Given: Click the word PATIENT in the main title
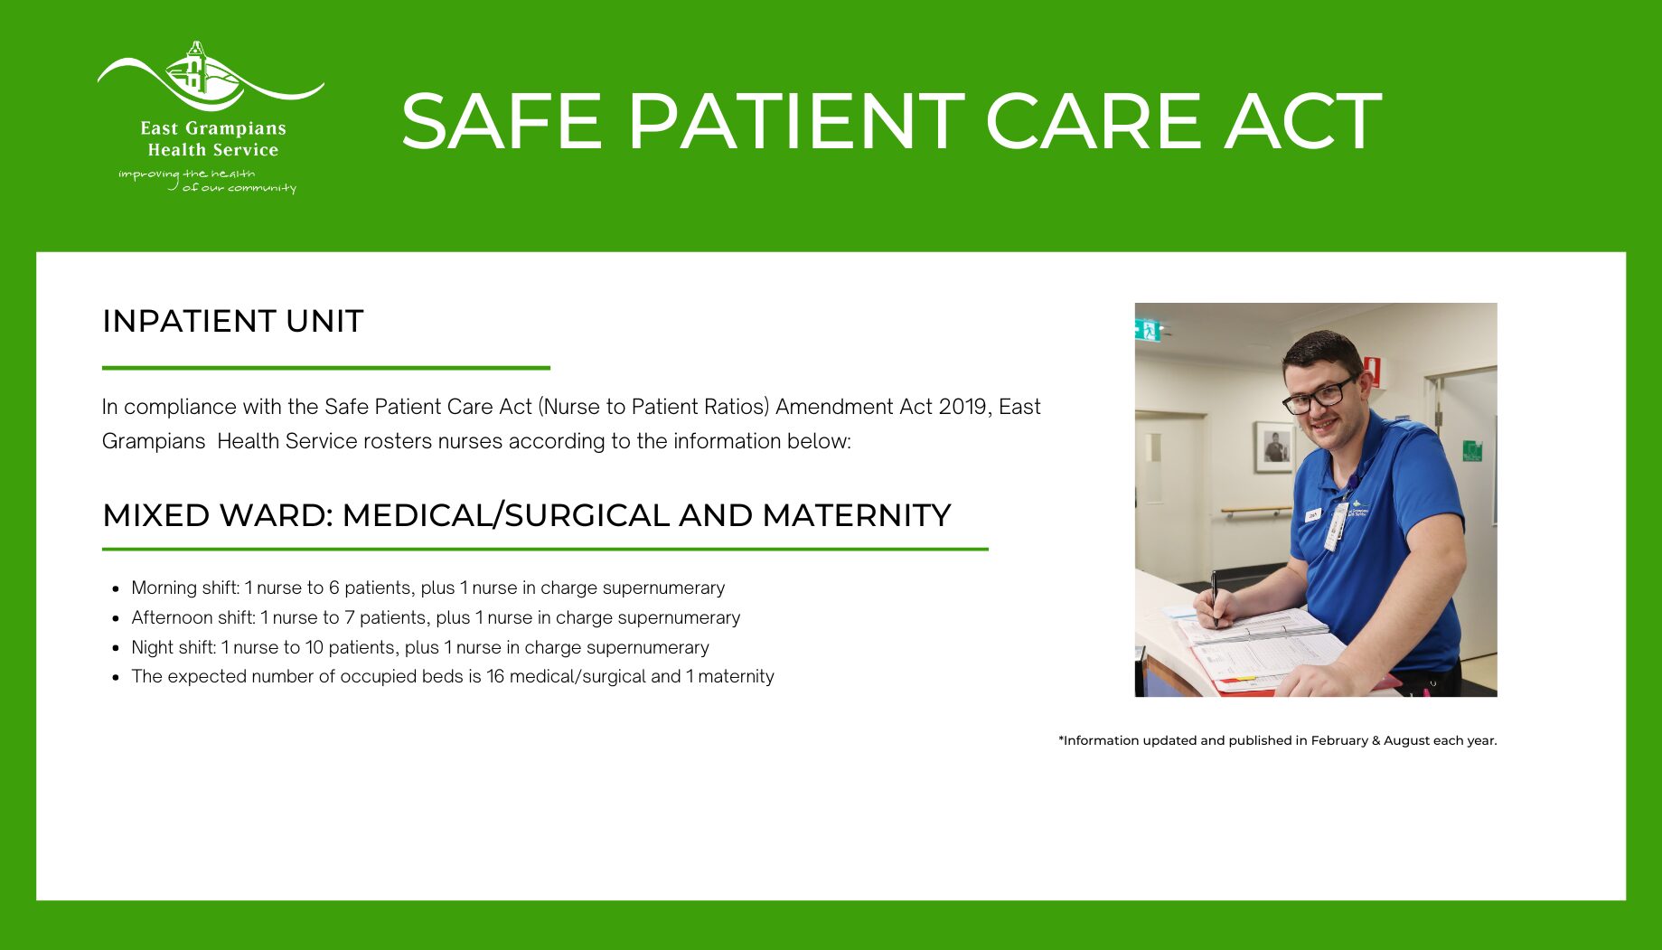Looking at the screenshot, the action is pyautogui.click(x=796, y=121).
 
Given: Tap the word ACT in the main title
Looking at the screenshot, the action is pyautogui.click(x=1303, y=121).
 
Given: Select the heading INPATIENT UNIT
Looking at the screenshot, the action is pyautogui.click(x=233, y=321).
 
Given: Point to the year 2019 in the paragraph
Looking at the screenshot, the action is pyautogui.click(x=962, y=407).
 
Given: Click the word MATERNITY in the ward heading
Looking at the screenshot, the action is pyautogui.click(x=857, y=515).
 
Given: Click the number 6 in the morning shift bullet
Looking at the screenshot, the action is pyautogui.click(x=334, y=588).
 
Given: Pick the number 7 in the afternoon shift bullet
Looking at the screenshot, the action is pyautogui.click(x=350, y=617).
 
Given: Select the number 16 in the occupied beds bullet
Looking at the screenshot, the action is pyautogui.click(x=495, y=676).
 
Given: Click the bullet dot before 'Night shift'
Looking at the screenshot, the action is pyautogui.click(x=116, y=648).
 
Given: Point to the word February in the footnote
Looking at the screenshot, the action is pyautogui.click(x=1339, y=740).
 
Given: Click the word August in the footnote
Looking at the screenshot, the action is pyautogui.click(x=1406, y=740).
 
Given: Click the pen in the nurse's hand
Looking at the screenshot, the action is pyautogui.click(x=1215, y=597).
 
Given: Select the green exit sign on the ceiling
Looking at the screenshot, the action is pyautogui.click(x=1148, y=330).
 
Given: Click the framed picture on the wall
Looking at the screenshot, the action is pyautogui.click(x=1274, y=447).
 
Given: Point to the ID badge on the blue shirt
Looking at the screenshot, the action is pyautogui.click(x=1335, y=527).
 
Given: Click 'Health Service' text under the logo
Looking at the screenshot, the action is pyautogui.click(x=213, y=150).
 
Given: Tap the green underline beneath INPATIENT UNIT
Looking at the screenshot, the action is pyautogui.click(x=326, y=368).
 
